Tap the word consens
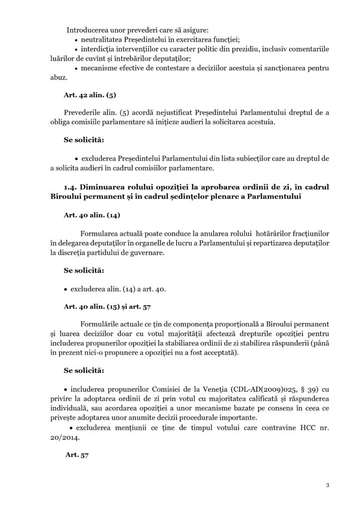point(265,408)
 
